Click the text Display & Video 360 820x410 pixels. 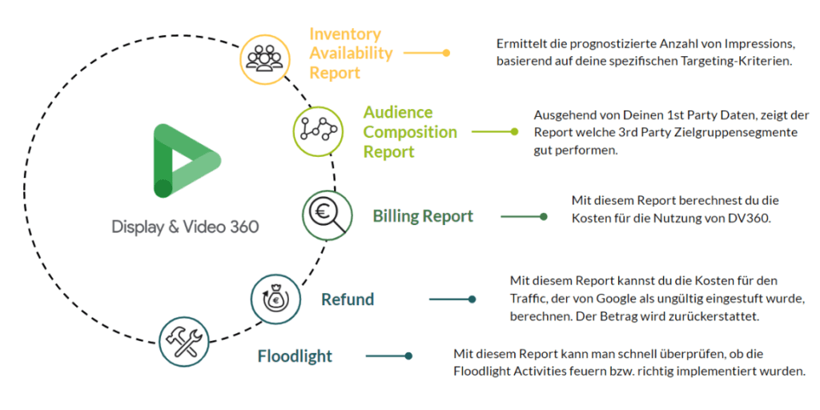185,227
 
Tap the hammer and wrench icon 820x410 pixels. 184,342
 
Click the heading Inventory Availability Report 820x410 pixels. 351,53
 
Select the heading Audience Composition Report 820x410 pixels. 410,131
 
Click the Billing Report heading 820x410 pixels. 423,216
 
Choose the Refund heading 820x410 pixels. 348,299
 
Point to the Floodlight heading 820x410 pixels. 295,356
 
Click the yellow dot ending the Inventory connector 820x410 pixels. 446,53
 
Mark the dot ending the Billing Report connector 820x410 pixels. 544,216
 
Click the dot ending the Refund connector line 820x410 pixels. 472,299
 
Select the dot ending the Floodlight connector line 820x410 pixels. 408,356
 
